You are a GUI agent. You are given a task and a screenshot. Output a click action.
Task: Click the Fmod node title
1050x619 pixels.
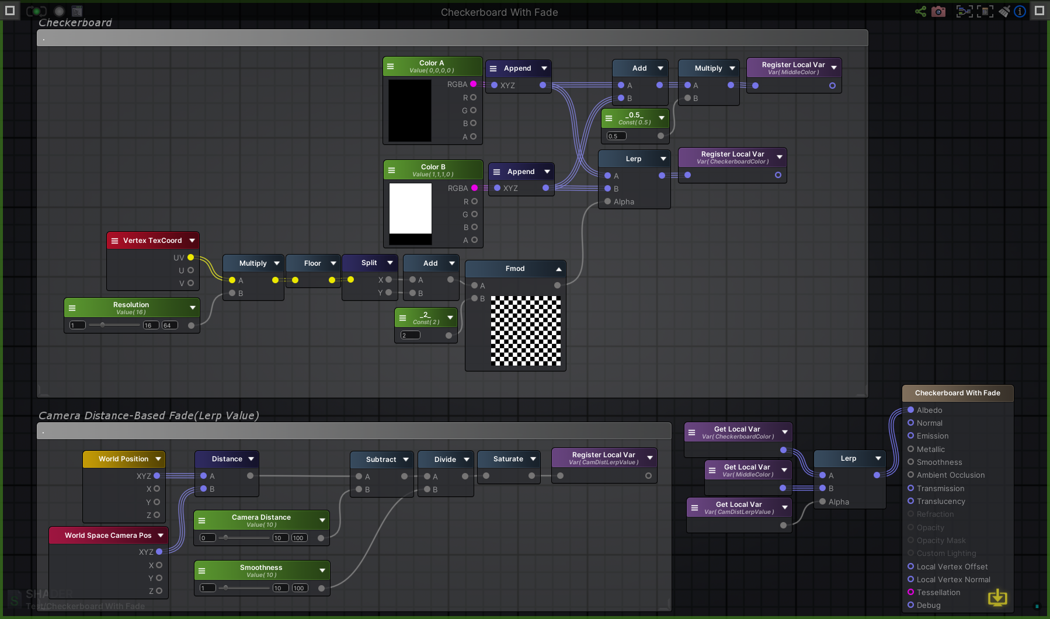(x=514, y=269)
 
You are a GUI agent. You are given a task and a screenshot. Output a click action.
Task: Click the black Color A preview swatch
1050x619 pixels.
(x=409, y=110)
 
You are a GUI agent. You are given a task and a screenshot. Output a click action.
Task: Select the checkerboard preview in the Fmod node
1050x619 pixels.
(x=526, y=331)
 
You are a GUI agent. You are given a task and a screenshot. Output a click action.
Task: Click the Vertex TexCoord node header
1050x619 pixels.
(x=152, y=241)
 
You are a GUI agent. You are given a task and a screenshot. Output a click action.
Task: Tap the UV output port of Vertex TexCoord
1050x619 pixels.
(x=190, y=258)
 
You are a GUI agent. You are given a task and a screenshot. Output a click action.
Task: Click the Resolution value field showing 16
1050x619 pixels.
(x=151, y=325)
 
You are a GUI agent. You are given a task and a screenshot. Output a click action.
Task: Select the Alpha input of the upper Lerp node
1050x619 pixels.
(x=608, y=201)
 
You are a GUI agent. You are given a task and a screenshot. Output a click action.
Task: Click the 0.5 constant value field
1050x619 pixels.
(x=616, y=136)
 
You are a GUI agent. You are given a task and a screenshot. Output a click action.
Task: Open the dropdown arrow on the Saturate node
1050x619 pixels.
(x=533, y=459)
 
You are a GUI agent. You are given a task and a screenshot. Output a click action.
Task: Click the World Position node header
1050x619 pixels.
(x=123, y=459)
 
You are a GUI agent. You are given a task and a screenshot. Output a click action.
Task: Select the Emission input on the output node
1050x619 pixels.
(x=910, y=436)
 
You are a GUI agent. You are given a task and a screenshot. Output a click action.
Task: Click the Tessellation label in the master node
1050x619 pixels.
(x=938, y=592)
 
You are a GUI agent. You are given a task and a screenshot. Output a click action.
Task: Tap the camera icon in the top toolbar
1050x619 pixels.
(x=938, y=11)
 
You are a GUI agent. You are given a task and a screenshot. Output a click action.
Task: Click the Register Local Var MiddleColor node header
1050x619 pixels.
(x=793, y=68)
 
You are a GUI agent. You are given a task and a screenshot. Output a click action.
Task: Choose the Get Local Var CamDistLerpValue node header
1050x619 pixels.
(x=738, y=507)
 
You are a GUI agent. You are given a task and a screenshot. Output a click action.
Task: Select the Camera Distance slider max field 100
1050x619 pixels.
(x=298, y=538)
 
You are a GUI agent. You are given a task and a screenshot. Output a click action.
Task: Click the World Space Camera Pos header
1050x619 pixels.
(x=107, y=535)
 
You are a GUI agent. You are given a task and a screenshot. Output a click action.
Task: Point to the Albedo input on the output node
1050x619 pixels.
(x=910, y=410)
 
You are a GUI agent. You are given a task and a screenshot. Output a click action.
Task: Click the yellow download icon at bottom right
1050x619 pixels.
(x=997, y=597)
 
